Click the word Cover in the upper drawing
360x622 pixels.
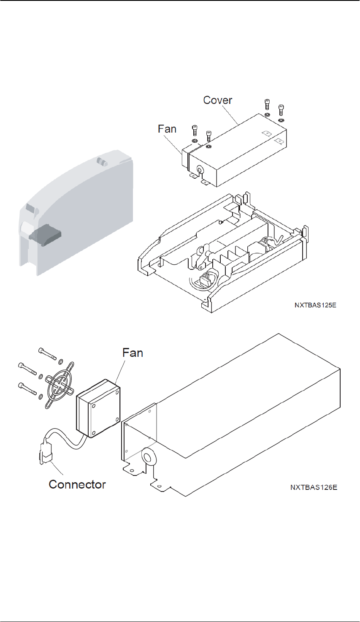(x=218, y=100)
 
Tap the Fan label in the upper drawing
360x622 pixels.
(x=167, y=129)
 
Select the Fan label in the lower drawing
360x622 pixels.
(x=133, y=353)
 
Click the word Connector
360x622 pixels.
(x=77, y=484)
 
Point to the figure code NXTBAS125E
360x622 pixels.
(x=315, y=305)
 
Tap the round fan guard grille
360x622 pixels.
(x=60, y=385)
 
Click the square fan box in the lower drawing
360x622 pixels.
(x=98, y=408)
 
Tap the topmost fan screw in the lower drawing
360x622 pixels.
(x=47, y=353)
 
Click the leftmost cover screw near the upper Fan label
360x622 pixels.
(x=194, y=131)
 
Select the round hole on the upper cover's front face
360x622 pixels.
(x=200, y=169)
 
